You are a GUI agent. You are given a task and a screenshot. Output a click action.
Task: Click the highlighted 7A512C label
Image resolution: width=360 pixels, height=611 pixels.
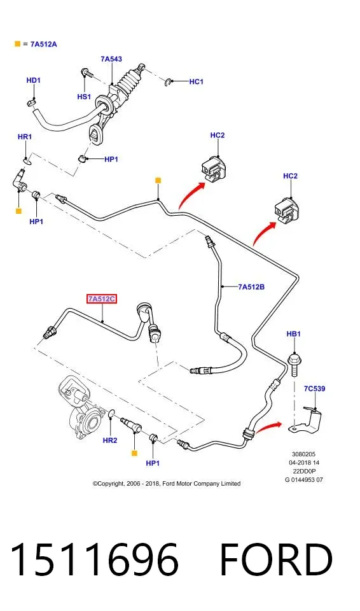point(102,299)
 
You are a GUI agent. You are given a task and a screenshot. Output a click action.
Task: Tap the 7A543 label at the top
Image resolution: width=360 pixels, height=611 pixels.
point(111,59)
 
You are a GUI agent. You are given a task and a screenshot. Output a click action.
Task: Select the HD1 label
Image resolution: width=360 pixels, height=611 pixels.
point(34,80)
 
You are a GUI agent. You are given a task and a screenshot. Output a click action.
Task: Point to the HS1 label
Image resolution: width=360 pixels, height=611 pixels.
point(84,97)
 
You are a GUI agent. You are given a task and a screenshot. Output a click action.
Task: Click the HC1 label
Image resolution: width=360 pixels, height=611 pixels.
point(197,81)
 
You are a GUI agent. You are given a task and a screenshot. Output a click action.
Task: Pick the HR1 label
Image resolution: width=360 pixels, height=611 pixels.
point(25,137)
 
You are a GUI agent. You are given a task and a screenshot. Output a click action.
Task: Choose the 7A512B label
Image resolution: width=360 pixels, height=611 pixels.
point(251,287)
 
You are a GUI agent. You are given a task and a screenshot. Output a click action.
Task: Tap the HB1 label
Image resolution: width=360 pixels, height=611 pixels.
point(293,334)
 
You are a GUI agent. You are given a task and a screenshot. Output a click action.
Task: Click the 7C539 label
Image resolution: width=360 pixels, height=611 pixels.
point(314,388)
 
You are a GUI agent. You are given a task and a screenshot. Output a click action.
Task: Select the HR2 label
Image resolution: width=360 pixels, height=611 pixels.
point(110,440)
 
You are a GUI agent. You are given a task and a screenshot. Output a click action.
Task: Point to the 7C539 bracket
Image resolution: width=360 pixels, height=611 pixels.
point(308,421)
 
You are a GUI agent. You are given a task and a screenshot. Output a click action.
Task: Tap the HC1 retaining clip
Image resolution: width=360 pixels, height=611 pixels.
point(167,82)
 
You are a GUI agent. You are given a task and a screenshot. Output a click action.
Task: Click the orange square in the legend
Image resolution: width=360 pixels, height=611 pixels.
point(17,44)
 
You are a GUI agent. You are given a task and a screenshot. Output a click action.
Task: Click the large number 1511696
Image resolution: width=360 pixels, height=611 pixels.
point(95,559)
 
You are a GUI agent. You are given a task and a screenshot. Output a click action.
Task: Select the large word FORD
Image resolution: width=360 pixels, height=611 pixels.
point(276,559)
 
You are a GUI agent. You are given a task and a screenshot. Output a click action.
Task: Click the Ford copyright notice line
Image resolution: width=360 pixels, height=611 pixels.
point(167,484)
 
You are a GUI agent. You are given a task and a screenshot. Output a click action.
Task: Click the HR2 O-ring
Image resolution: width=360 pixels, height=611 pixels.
point(111,414)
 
